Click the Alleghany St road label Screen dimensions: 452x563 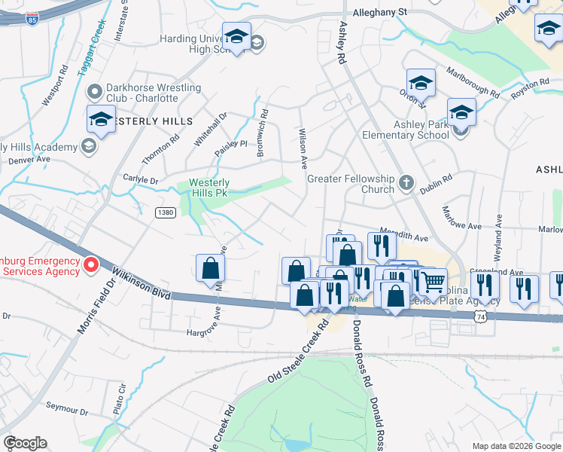(380, 12)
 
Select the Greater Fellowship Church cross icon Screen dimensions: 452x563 (406, 182)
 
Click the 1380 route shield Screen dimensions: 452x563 (166, 213)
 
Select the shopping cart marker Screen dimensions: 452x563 (432, 282)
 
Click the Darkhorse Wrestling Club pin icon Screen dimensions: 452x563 (95, 93)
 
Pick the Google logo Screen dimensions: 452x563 (25, 443)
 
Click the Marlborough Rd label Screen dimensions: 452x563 (473, 83)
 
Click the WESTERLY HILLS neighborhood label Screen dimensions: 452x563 (155, 121)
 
